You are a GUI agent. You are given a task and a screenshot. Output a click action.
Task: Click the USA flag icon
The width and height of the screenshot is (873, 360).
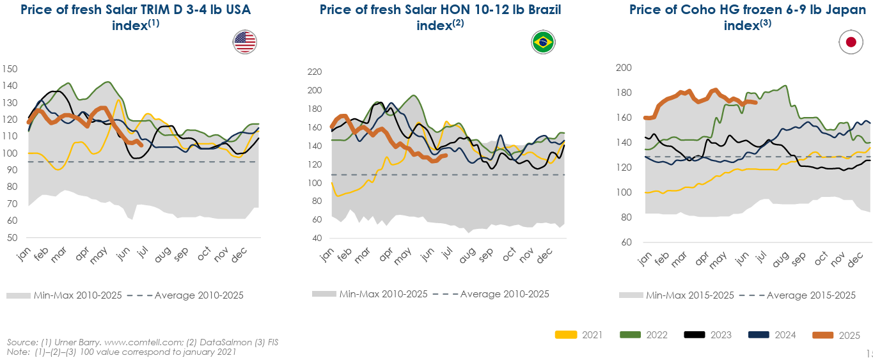pyautogui.click(x=245, y=42)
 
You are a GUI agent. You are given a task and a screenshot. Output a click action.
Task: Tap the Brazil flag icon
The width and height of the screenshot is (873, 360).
pyautogui.click(x=543, y=43)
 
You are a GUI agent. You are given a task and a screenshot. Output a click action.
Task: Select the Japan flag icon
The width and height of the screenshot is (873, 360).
pyautogui.click(x=851, y=42)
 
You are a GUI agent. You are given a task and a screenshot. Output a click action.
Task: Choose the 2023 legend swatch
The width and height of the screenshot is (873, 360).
pyautogui.click(x=696, y=334)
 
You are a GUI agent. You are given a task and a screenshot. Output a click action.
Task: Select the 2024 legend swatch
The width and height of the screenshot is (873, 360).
pyautogui.click(x=760, y=334)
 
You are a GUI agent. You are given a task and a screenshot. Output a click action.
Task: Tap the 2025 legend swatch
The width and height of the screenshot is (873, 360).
pyautogui.click(x=824, y=334)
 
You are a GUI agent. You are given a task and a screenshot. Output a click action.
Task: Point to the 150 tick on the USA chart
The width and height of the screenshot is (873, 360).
pyautogui.click(x=10, y=69)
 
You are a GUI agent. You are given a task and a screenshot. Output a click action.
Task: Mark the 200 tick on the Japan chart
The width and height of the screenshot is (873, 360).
pyautogui.click(x=624, y=68)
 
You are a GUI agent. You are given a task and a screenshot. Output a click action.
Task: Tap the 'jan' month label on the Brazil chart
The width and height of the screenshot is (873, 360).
pyautogui.click(x=326, y=255)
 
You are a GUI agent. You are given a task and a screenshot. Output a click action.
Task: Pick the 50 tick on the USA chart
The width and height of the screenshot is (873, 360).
pyautogui.click(x=12, y=237)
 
